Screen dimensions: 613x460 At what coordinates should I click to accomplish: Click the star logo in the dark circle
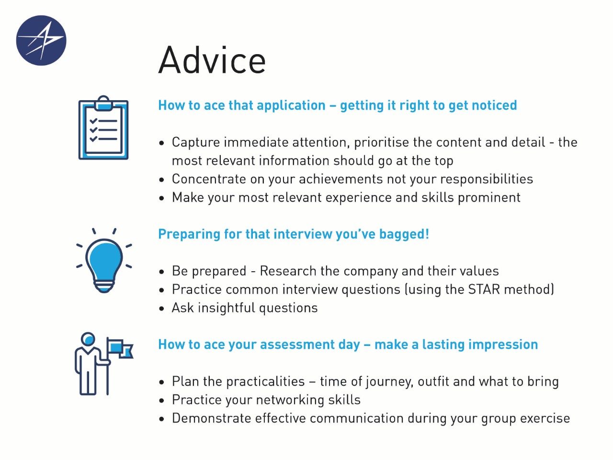pyautogui.click(x=41, y=41)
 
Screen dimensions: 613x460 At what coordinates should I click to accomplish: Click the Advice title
pyautogui.click(x=212, y=60)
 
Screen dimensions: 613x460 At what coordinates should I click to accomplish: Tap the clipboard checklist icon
pyautogui.click(x=103, y=127)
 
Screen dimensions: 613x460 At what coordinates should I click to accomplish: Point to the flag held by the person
pyautogui.click(x=121, y=348)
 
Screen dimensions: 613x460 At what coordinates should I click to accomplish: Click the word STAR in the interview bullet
pyautogui.click(x=484, y=289)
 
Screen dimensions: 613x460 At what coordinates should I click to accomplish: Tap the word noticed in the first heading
pyautogui.click(x=494, y=105)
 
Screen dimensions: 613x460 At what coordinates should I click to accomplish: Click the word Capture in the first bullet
pyautogui.click(x=196, y=142)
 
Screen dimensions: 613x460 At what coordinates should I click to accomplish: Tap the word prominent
pyautogui.click(x=489, y=198)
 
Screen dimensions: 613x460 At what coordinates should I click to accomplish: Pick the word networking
pyautogui.click(x=290, y=400)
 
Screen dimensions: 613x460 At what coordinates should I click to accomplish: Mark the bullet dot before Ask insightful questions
pyautogui.click(x=162, y=309)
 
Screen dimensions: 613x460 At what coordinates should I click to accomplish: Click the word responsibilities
pyautogui.click(x=487, y=179)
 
